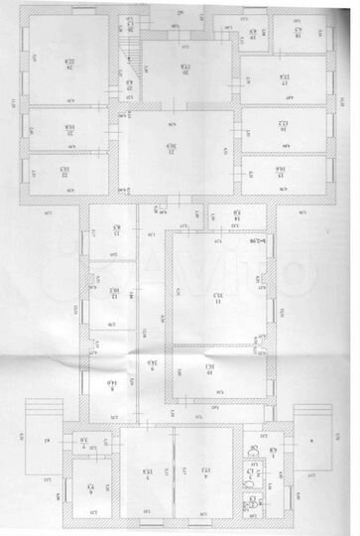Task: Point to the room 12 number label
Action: click(115, 294)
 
